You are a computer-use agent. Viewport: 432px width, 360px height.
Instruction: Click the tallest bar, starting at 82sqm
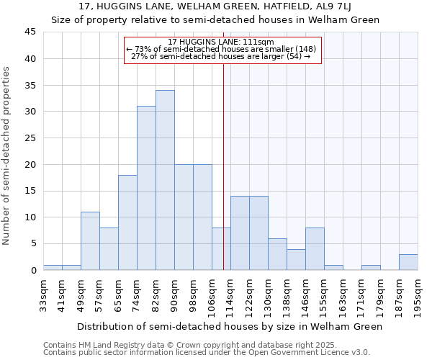(165, 180)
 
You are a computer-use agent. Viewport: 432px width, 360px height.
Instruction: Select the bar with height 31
(146, 188)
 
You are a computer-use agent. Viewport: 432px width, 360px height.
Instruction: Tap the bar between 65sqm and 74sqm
(127, 222)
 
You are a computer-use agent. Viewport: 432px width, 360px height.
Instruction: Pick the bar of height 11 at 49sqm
(90, 240)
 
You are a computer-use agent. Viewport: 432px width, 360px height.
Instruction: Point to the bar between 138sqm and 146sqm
(296, 259)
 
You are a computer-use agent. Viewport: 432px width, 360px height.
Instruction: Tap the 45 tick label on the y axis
(30, 32)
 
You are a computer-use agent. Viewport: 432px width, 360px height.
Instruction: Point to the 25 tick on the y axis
(30, 138)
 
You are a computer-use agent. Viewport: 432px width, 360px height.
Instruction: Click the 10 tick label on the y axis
(30, 217)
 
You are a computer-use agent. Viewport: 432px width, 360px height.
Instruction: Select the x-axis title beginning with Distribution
(230, 326)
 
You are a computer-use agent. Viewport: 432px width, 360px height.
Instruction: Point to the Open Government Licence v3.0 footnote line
(207, 352)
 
